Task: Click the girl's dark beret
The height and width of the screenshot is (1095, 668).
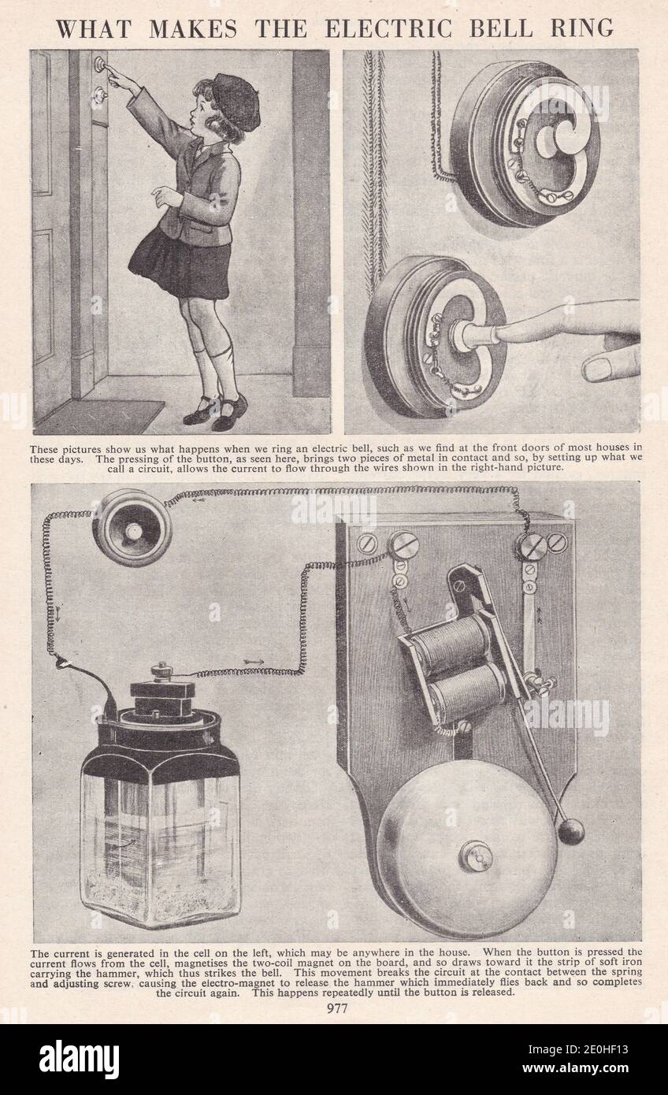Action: [236, 101]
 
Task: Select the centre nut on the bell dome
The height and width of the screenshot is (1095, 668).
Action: [476, 856]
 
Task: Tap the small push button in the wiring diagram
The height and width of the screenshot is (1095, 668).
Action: [132, 527]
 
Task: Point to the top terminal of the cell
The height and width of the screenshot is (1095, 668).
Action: [162, 670]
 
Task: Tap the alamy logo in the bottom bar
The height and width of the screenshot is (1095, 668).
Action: [79, 1059]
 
